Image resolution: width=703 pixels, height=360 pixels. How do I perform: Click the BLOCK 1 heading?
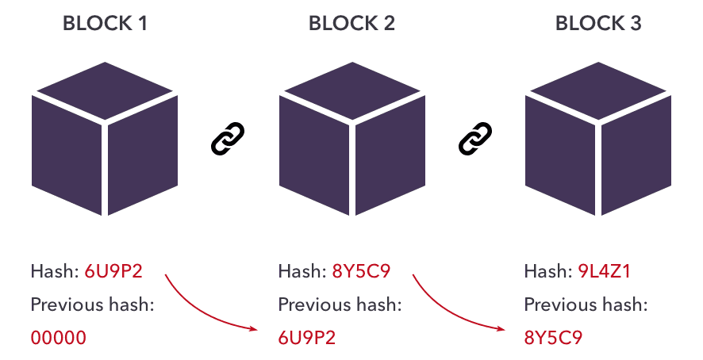click(105, 24)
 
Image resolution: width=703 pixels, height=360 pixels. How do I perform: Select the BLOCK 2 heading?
click(351, 24)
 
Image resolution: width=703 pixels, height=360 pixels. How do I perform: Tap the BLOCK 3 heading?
click(598, 24)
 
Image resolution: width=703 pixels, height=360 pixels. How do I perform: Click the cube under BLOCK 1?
click(105, 139)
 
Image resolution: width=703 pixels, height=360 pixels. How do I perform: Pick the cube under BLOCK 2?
click(351, 139)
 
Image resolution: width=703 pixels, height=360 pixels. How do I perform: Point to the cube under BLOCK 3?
click(598, 139)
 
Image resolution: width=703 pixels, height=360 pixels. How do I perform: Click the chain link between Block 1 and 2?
click(228, 139)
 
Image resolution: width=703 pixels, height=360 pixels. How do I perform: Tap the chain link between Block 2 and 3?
click(475, 139)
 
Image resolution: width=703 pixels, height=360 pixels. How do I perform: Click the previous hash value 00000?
click(58, 337)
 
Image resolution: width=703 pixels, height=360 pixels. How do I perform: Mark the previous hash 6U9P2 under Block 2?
click(306, 337)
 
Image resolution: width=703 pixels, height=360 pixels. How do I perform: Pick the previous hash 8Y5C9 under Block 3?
click(553, 337)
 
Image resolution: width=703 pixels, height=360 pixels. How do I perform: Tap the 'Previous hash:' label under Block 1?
click(92, 304)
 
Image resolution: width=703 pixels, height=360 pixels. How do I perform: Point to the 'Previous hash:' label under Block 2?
click(340, 304)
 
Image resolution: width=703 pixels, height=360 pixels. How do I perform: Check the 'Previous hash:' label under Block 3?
click(586, 304)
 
